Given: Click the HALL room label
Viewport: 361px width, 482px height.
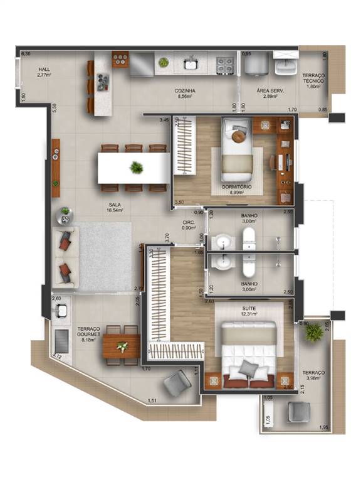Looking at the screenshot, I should pyautogui.click(x=43, y=70).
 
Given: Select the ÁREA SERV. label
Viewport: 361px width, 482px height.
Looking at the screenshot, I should pyautogui.click(x=271, y=91).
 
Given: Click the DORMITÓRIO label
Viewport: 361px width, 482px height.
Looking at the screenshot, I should pyautogui.click(x=236, y=187).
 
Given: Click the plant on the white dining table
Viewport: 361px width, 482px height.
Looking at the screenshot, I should pyautogui.click(x=135, y=168).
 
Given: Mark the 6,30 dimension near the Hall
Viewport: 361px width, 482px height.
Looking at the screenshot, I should pyautogui.click(x=26, y=55).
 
